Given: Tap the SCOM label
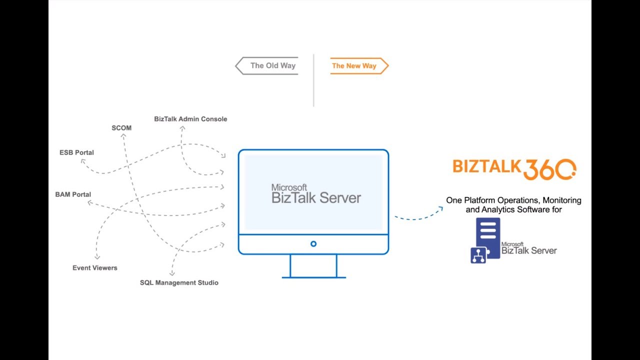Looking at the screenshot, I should pos(121,128).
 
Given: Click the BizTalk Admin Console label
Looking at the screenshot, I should pos(190,119).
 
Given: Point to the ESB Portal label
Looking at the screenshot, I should pos(76,152).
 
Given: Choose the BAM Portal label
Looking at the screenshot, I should pos(73,194).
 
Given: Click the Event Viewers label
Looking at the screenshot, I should pos(95,268).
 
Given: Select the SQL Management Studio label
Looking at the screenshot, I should pos(179,283).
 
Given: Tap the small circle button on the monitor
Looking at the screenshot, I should pos(313,244).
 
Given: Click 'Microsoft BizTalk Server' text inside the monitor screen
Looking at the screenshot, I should pos(316,194).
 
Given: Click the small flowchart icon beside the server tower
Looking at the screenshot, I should pos(478,255).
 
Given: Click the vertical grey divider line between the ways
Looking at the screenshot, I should pos(313,80).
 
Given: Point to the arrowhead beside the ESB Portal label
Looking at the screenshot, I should pos(83,161).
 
